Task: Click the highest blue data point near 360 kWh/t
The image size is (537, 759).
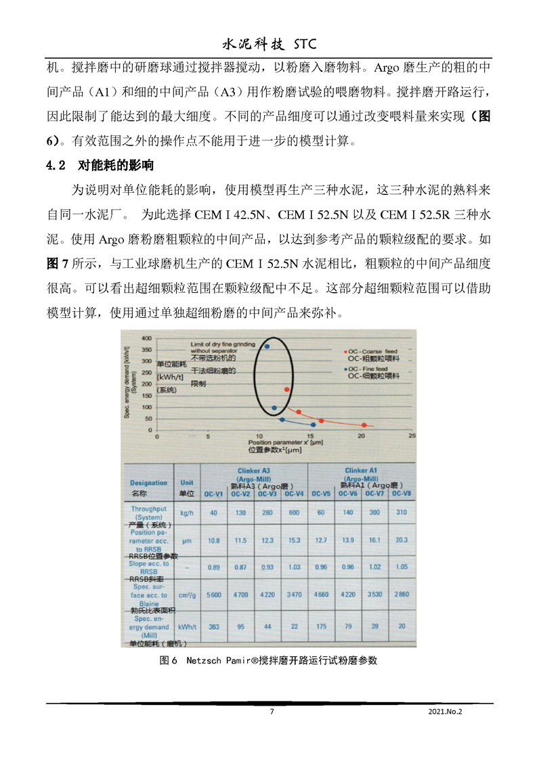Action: tap(267, 346)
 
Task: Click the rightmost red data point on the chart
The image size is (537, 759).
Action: tap(364, 425)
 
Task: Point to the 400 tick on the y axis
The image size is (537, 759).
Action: tap(147, 338)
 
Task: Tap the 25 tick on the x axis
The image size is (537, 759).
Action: tap(412, 436)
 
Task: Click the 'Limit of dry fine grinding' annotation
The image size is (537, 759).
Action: tap(223, 344)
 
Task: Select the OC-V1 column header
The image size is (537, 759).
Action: tap(213, 494)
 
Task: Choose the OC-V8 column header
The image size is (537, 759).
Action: tap(402, 494)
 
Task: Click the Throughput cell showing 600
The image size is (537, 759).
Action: tap(294, 513)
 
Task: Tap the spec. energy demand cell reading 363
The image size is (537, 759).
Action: tap(213, 626)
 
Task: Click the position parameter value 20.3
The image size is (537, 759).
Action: tap(402, 540)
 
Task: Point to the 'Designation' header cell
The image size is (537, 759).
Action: tap(148, 483)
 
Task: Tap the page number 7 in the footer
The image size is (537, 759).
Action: tap(272, 712)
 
